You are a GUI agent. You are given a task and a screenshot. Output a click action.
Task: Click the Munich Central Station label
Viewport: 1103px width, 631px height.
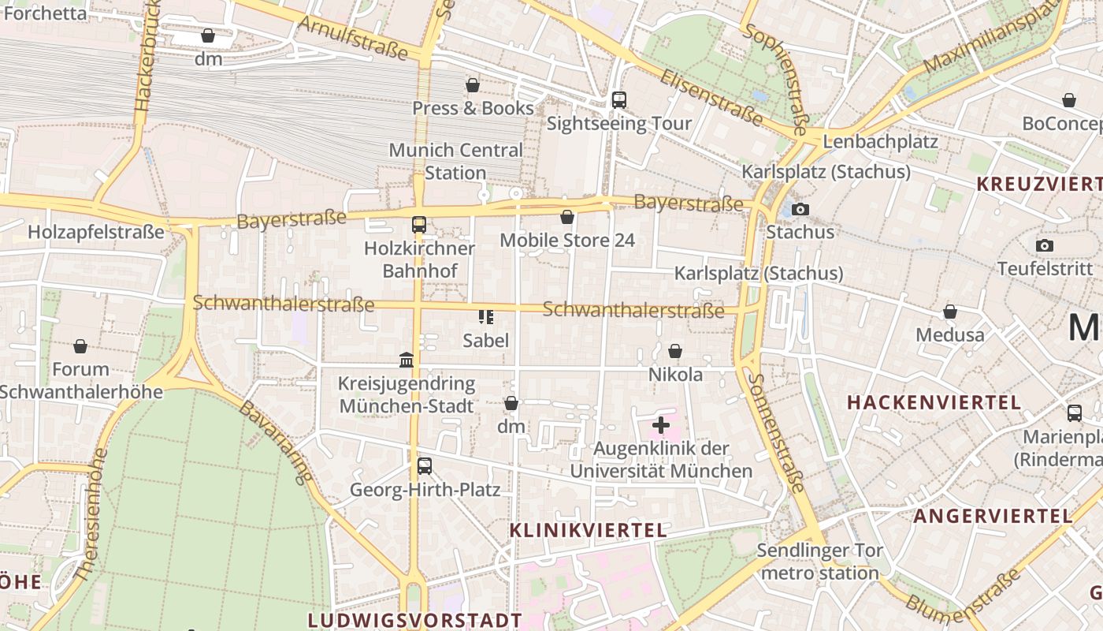coord(455,161)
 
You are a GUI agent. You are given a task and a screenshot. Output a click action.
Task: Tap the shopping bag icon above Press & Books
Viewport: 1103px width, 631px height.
coord(473,85)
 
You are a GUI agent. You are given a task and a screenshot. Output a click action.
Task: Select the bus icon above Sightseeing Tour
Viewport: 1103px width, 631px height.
coord(619,100)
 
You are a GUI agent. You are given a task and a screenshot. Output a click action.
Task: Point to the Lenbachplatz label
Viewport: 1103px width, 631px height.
coord(880,142)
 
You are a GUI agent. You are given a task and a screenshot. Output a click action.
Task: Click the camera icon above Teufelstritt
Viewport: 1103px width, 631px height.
coord(1045,246)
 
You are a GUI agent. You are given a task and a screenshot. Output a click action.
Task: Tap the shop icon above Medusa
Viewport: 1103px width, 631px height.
coord(950,312)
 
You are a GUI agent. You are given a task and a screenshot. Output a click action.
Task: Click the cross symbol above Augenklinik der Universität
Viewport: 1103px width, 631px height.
coord(661,426)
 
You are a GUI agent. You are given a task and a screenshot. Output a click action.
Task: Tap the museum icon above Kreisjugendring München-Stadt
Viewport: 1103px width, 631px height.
coord(407,360)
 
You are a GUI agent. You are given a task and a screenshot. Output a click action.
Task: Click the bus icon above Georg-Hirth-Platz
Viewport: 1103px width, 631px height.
coord(425,466)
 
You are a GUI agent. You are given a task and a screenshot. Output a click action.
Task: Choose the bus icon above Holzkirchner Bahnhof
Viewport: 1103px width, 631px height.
coord(419,225)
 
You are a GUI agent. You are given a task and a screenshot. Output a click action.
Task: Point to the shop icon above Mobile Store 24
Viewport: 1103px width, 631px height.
coord(567,217)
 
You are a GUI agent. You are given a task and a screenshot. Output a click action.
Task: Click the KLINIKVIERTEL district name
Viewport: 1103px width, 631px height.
coord(588,530)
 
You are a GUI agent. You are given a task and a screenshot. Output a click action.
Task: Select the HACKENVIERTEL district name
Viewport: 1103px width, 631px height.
coord(934,402)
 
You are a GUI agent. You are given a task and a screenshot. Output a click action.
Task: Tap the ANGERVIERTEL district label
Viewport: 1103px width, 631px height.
coord(992,517)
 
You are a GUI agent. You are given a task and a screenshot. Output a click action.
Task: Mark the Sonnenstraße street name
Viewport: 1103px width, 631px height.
coord(777,432)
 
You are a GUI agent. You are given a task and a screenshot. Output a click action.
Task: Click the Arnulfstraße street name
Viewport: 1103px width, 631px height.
coord(354,36)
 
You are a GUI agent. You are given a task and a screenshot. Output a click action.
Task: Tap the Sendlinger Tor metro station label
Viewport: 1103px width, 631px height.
coord(820,561)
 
